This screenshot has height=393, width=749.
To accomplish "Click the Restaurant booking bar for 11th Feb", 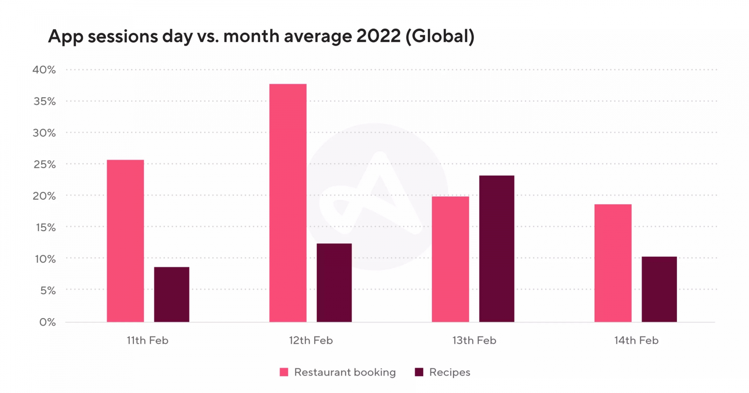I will (125, 241).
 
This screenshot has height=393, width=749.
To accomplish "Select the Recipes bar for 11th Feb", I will (172, 294).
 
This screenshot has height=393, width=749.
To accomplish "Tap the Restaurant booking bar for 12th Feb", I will (288, 203).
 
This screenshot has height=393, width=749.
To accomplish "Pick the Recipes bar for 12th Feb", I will (334, 283).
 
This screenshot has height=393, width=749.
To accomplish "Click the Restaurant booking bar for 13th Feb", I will (450, 259).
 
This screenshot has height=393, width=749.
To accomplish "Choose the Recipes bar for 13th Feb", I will (497, 248).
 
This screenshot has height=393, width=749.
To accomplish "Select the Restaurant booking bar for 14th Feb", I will (613, 263).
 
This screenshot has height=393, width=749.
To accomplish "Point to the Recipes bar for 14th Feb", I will (659, 289).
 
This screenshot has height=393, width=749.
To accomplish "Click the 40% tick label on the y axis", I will (44, 70).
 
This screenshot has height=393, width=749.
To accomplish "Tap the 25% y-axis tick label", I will (44, 164).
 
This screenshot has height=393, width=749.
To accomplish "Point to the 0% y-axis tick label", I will (47, 322).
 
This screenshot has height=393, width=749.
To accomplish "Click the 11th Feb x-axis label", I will (147, 341).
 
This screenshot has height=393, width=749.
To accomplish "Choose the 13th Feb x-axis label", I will (474, 341).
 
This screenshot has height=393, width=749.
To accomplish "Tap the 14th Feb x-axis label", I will (636, 341).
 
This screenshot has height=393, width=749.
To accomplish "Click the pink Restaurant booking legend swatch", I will (284, 372).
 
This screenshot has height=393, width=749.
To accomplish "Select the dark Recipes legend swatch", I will (419, 372).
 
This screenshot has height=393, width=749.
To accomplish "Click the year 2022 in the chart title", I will (378, 36).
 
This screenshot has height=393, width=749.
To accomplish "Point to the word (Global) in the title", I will (440, 36).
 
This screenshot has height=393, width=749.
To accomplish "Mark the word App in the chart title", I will (66, 36).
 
